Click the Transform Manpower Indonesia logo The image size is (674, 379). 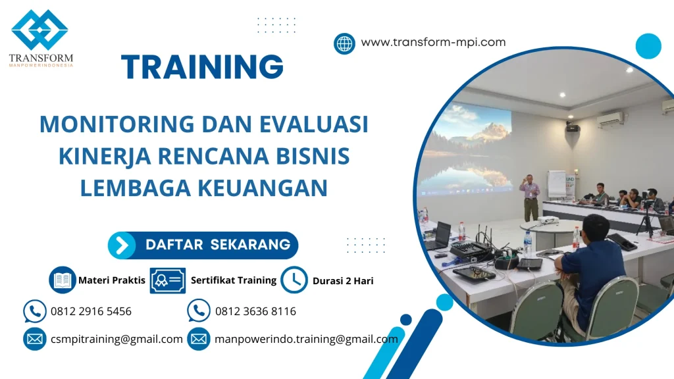pos(40,38)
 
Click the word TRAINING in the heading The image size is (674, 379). pos(202,67)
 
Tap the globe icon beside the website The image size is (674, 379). pos(344,43)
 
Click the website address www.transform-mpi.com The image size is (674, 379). pos(433,43)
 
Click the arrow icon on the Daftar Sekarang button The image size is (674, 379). pos(122,245)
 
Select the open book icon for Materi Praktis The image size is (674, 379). pos(63,280)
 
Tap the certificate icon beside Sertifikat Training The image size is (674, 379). pos(167,280)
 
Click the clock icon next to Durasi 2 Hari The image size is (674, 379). pos(294,280)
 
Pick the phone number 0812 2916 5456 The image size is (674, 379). pos(91,311)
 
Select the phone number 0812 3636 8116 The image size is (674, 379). pos(255,311)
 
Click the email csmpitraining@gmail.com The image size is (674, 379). pos(117,340)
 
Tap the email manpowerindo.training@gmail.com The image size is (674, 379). pos(306,340)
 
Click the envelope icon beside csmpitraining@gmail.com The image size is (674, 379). pos(34,339)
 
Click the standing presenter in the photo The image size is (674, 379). pos(529,197)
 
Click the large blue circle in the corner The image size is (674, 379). pos(648,46)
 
